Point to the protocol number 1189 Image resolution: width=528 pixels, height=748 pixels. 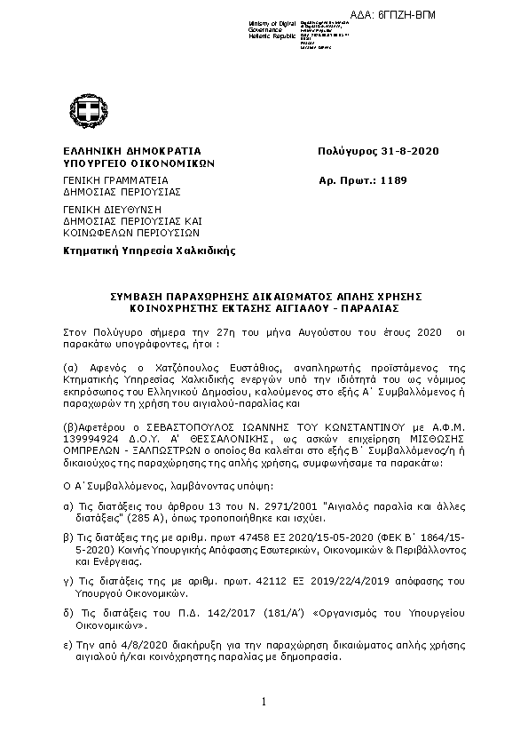392,179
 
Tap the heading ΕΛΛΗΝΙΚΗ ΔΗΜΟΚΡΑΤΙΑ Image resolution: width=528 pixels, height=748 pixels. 132,151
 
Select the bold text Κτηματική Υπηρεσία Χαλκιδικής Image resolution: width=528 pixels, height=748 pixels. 148,251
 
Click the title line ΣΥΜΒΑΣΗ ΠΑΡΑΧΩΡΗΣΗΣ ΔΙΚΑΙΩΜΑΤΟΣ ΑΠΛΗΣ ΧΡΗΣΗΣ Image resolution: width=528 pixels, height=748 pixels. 264,295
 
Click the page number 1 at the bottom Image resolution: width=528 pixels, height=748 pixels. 264,703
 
